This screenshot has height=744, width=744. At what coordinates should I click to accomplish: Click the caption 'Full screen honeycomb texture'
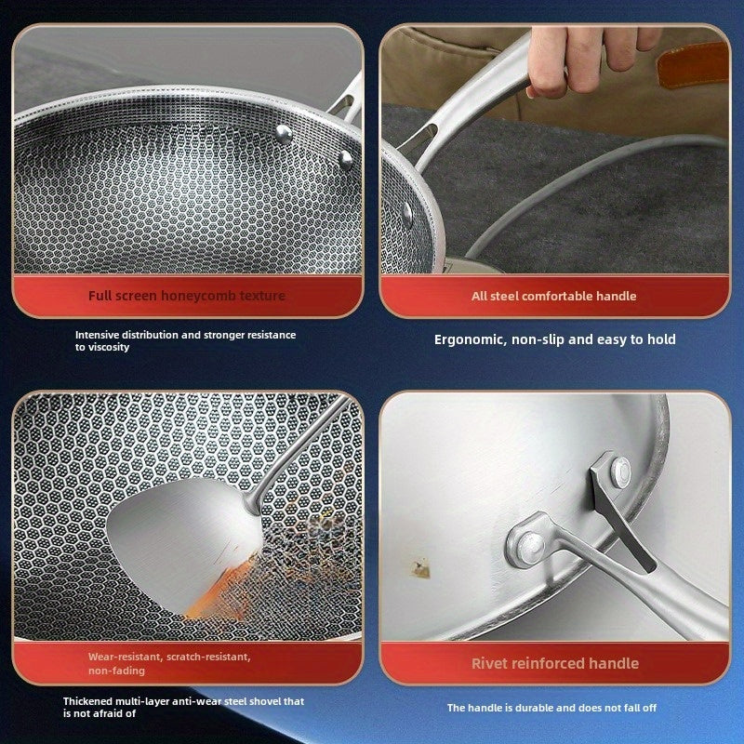(187, 296)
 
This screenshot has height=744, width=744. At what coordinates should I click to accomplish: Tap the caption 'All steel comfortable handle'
(553, 296)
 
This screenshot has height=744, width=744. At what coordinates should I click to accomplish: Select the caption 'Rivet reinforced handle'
(554, 663)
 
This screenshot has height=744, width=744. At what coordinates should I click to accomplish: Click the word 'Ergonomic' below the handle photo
(470, 339)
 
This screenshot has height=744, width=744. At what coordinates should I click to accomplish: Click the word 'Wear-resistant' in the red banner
(123, 657)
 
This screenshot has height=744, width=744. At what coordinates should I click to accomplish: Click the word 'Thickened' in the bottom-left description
(90, 701)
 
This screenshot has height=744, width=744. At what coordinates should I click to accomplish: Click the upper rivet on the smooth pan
(618, 471)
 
